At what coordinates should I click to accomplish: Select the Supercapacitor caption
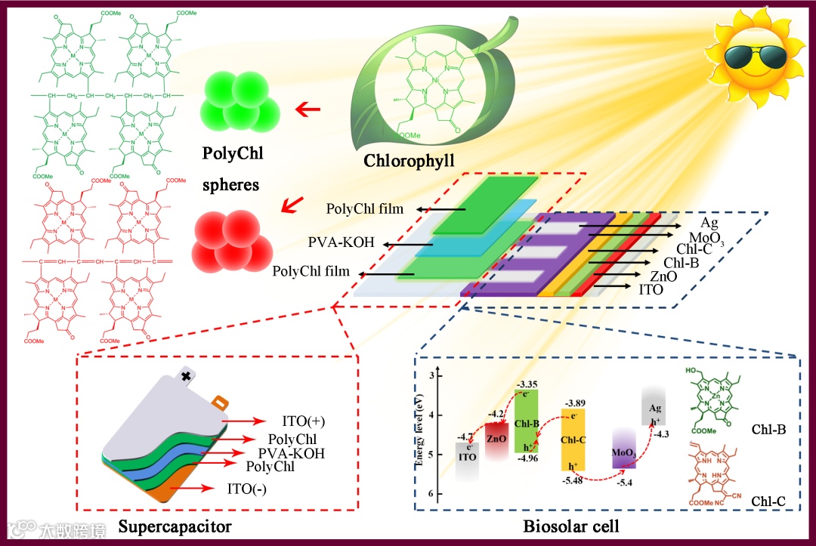[x=175, y=525]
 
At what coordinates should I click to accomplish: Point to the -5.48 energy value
[x=573, y=480]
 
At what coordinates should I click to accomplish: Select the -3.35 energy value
[x=527, y=384]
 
